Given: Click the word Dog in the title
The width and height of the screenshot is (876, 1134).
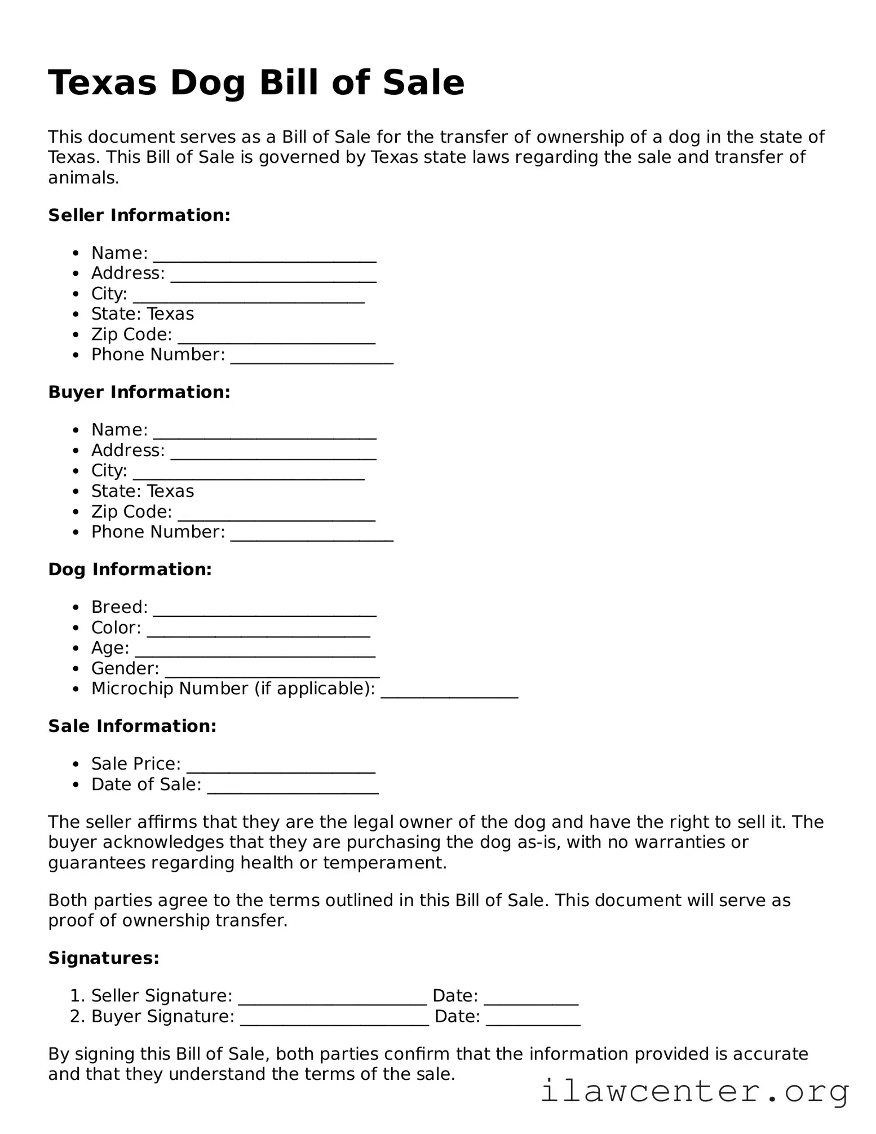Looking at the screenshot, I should click(207, 83).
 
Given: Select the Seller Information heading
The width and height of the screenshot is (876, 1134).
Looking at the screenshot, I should click(139, 215).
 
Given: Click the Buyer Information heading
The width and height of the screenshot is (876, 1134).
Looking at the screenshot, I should click(139, 392).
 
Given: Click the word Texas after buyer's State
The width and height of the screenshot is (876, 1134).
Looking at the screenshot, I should click(170, 491).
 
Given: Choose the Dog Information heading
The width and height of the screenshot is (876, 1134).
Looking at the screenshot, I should click(130, 570).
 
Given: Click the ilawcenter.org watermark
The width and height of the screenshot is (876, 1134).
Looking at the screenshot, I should click(694, 1091).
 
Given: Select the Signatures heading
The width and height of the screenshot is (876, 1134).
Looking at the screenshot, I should click(104, 958).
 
